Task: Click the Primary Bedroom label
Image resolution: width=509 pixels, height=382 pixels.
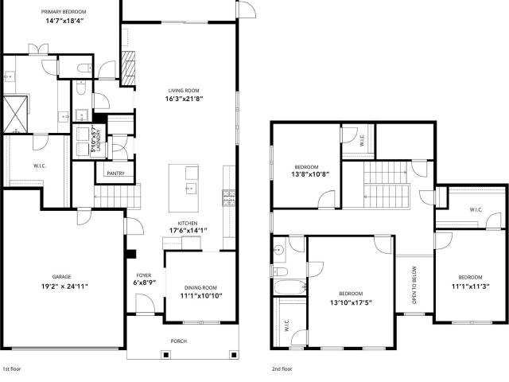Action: coord(64,12)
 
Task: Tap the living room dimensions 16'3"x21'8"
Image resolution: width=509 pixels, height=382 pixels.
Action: coord(184,99)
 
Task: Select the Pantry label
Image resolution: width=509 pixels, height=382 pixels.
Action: coord(115,173)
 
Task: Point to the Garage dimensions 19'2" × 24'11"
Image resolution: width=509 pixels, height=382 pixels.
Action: coord(64,286)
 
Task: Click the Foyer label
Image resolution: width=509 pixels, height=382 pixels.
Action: coord(143,275)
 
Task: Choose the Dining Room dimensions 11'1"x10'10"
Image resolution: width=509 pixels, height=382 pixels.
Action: coord(201,296)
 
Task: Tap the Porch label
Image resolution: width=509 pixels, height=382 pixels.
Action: coord(178,341)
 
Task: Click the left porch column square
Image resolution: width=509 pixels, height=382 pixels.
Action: coord(165,355)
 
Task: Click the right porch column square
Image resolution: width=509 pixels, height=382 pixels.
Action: coord(233,355)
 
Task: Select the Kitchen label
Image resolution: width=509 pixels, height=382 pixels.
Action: coord(188,224)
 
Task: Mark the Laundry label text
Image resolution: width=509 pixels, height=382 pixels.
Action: coord(99,141)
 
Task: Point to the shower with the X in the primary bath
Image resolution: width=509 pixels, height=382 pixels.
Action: coord(15,114)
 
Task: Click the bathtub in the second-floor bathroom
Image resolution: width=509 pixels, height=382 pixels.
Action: coord(289,287)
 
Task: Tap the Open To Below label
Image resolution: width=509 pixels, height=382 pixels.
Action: coord(414,285)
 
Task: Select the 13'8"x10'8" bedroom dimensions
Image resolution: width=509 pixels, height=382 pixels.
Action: coord(310,174)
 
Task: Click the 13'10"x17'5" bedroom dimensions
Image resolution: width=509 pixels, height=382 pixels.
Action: coord(351,302)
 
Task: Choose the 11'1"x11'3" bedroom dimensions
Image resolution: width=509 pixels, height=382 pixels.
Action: coord(470,286)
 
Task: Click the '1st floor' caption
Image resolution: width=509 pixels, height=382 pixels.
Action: coord(12,369)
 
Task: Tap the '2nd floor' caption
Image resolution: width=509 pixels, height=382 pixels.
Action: coord(282,369)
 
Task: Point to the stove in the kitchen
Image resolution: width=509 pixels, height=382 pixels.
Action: coord(228,198)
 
